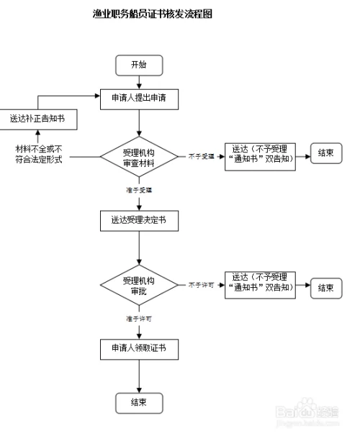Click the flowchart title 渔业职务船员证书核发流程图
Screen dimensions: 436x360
[x=153, y=14]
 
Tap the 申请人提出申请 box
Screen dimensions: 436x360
[x=139, y=97]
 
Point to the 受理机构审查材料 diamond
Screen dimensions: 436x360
[x=138, y=155]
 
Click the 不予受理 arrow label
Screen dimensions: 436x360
[x=201, y=155]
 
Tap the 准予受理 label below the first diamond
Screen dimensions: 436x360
[x=138, y=190]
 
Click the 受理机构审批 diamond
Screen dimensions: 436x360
[x=139, y=286]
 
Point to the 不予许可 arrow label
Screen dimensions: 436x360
[x=201, y=285]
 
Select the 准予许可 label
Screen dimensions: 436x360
[x=138, y=317]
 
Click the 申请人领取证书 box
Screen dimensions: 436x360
[x=139, y=349]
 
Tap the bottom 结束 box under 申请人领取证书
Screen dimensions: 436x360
[x=139, y=402]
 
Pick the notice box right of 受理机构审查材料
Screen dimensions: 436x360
[x=260, y=154]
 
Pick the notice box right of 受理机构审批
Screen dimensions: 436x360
[x=260, y=283]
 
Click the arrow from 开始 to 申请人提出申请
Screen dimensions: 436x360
[x=139, y=82]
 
